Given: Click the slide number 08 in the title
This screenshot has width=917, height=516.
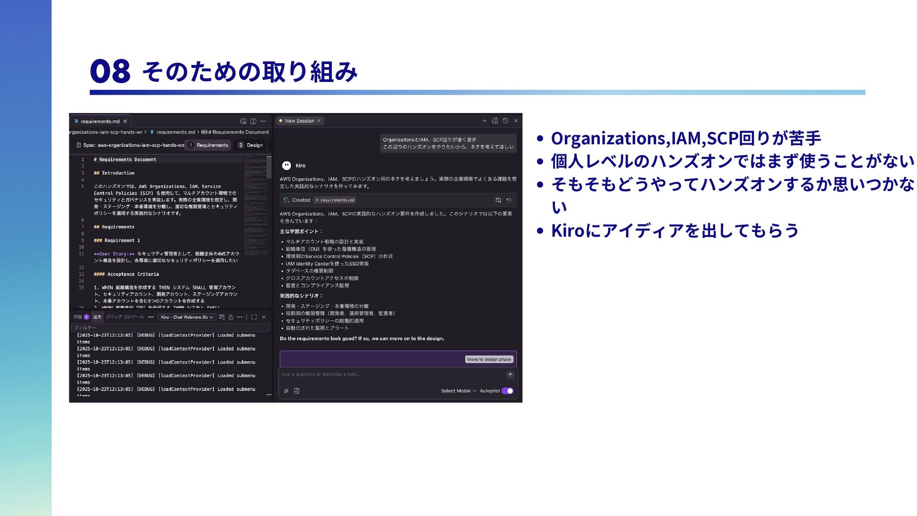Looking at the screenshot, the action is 110,71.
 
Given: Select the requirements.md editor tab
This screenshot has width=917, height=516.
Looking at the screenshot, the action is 100,121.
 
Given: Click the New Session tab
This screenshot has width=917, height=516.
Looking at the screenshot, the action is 299,121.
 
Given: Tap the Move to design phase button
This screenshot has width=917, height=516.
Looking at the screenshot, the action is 489,359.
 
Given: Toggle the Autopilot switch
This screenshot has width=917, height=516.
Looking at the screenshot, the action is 507,391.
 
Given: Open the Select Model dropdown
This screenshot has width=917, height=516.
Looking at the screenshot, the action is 458,391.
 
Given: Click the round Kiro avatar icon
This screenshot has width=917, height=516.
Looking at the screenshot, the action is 287,165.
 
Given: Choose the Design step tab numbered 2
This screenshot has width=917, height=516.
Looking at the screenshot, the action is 251,145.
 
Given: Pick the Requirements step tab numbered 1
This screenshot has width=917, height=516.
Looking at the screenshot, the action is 208,145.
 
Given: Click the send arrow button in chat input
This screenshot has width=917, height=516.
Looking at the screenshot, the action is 510,375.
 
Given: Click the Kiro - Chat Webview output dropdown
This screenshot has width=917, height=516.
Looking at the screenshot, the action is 187,317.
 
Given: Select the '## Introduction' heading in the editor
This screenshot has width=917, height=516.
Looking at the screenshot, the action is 114,173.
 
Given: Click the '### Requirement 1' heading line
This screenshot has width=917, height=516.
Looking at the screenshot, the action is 117,240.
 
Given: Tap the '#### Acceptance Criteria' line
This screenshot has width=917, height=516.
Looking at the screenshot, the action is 127,274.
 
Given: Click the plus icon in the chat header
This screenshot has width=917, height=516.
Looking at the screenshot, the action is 484,121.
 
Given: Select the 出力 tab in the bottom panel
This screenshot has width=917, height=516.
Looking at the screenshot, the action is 97,317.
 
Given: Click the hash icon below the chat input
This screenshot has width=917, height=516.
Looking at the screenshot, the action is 286,391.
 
